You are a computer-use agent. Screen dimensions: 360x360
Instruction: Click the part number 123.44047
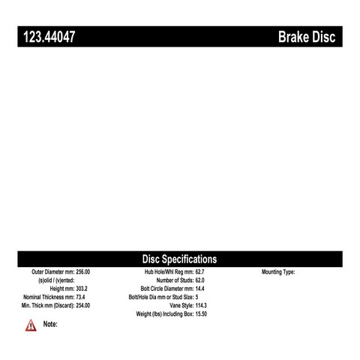pos(49,37)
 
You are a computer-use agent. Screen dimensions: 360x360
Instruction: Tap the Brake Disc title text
pos(307,37)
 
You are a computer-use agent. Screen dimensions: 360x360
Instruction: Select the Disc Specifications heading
pos(179,259)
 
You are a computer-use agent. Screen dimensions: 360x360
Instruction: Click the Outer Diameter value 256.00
pos(83,271)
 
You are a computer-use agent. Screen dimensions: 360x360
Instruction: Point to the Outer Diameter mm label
pos(53,271)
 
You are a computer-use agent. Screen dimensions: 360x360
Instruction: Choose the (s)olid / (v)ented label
pos(56,280)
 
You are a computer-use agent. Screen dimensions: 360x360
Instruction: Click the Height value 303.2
pos(82,289)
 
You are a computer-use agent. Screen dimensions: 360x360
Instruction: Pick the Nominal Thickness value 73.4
pos(80,297)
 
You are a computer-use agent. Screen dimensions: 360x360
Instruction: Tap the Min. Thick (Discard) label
pos(48,305)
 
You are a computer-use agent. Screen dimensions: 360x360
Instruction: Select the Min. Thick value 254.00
pos(83,305)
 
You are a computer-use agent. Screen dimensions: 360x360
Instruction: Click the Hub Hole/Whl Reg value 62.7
pos(199,271)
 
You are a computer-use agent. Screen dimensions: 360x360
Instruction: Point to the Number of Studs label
pos(175,280)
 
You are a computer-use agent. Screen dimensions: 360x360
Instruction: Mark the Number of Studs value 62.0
pos(199,280)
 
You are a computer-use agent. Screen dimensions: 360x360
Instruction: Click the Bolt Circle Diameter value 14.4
pos(199,289)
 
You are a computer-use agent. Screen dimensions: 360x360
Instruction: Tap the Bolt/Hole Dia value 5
pos(196,297)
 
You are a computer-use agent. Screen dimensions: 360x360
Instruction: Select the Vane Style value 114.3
pos(201,305)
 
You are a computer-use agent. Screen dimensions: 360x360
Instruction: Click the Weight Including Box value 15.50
pos(201,314)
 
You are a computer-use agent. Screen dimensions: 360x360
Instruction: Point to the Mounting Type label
pos(278,272)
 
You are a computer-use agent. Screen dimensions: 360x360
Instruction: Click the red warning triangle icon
pos(31,325)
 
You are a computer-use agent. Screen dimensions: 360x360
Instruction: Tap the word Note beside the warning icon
pos(50,324)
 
